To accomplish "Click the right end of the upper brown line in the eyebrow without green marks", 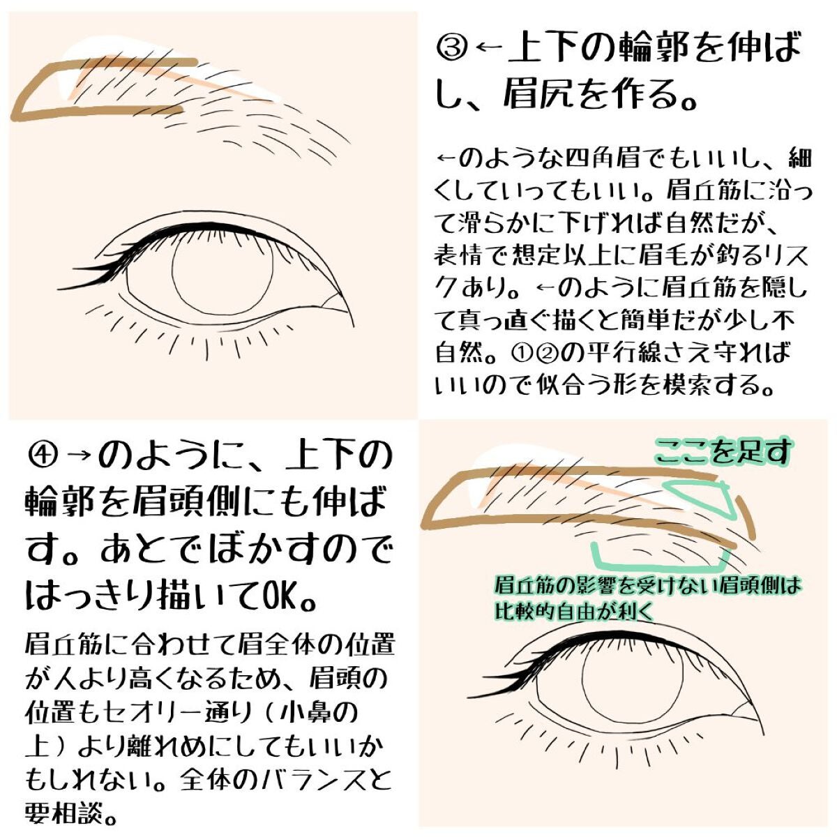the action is coord(196,62).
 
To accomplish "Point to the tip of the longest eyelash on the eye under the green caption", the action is coord(469,697).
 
